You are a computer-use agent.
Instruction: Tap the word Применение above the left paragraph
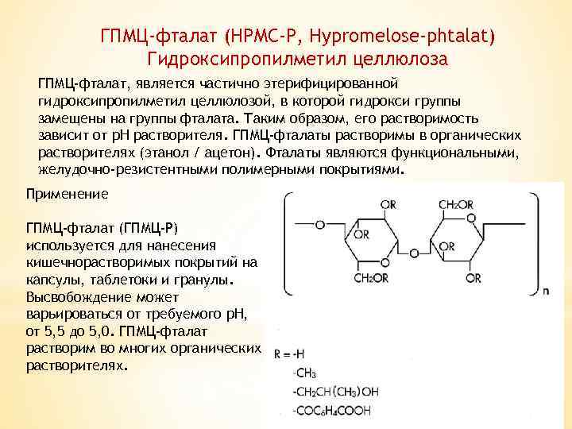[x=67, y=194]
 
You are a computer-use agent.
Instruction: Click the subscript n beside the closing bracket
[x=545, y=292]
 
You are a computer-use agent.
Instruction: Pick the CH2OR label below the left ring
[x=370, y=279]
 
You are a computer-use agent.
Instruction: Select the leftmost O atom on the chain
[x=319, y=226]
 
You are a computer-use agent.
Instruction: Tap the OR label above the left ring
[x=388, y=206]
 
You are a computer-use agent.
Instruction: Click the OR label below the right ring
[x=473, y=279]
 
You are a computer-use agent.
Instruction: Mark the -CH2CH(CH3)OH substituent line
[x=336, y=392]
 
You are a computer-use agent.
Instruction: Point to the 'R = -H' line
[x=290, y=354]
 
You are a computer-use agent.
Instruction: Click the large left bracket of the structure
[x=286, y=242]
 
